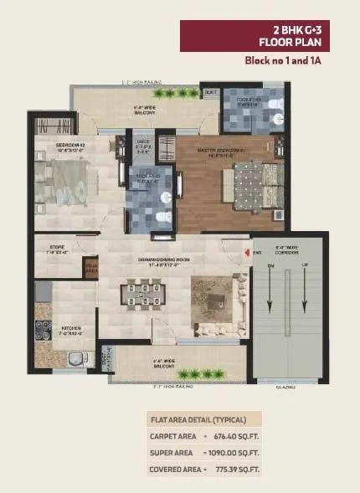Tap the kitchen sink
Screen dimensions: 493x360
coord(76,361)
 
